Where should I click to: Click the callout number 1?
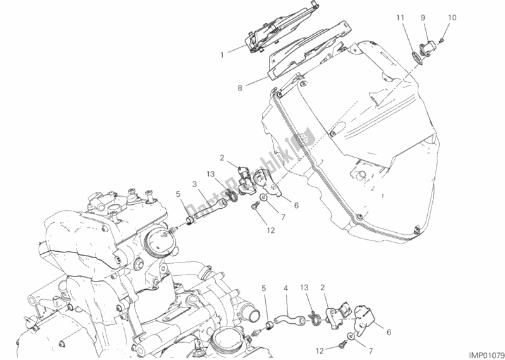222,56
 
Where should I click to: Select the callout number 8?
240,87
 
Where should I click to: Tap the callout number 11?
400,18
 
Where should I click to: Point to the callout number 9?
423,18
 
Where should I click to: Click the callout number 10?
452,18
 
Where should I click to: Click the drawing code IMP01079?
485,354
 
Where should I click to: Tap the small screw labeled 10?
442,40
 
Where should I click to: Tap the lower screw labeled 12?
341,346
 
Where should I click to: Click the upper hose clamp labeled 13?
233,196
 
